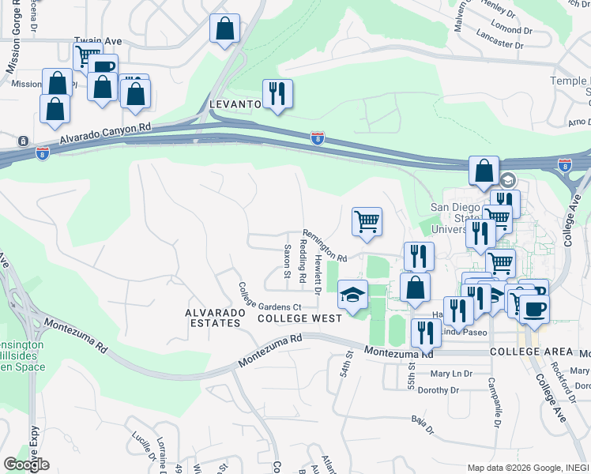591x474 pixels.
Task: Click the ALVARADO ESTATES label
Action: (x=213, y=318)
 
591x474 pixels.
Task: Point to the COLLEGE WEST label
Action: (x=299, y=318)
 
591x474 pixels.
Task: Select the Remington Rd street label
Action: (x=324, y=246)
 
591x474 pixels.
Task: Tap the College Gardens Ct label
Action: (x=270, y=295)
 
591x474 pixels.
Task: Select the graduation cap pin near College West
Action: (x=352, y=295)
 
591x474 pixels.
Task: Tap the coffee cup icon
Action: (x=533, y=307)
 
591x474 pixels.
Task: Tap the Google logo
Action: (x=26, y=464)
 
